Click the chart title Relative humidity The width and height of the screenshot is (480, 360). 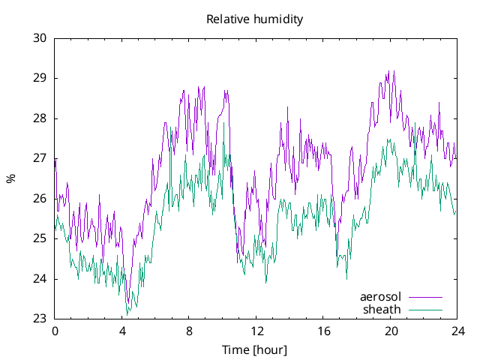click(254, 19)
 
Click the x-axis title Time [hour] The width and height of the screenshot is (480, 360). click(254, 350)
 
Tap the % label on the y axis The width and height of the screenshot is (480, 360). click(10, 178)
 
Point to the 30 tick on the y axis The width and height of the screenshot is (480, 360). click(40, 38)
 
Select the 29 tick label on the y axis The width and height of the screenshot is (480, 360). click(40, 78)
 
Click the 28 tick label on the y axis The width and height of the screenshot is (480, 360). click(40, 118)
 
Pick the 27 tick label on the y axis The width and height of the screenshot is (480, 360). click(40, 158)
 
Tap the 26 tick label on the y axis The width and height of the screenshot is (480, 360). click(40, 199)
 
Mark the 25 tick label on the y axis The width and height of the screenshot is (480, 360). click(40, 238)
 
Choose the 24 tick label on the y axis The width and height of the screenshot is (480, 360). click(40, 279)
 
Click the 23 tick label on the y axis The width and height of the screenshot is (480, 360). click(40, 319)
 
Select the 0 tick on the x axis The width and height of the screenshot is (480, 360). click(55, 331)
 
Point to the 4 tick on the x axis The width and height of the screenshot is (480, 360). click(122, 331)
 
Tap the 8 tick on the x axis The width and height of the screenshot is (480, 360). click(189, 331)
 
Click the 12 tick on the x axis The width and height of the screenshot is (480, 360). click(256, 331)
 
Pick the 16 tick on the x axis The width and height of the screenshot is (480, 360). click(323, 331)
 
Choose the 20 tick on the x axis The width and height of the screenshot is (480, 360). click(391, 331)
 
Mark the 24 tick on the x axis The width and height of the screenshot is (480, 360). click(457, 331)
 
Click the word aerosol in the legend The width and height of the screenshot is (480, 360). click(380, 296)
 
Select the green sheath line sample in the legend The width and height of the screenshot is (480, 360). click(424, 310)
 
